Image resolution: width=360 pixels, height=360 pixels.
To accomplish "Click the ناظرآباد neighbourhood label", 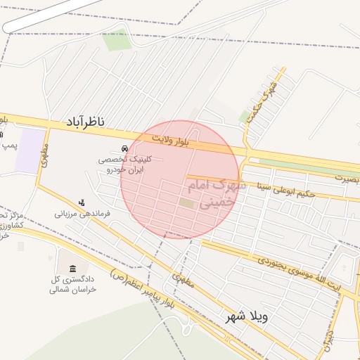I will [86, 123].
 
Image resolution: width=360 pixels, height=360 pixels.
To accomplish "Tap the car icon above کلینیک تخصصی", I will [124, 149].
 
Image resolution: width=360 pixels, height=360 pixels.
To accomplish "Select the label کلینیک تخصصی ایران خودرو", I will [124, 165].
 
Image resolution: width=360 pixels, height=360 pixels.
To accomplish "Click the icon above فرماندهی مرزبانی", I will [82, 202].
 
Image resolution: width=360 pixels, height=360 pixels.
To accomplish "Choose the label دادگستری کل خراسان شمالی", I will [73, 284].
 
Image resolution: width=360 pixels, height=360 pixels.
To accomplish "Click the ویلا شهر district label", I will [246, 317].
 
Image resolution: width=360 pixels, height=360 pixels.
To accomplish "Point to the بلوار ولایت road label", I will [193, 143].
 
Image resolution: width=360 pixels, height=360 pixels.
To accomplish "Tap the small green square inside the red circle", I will [186, 203].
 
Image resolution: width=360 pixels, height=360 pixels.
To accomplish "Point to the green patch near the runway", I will [116, 40].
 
